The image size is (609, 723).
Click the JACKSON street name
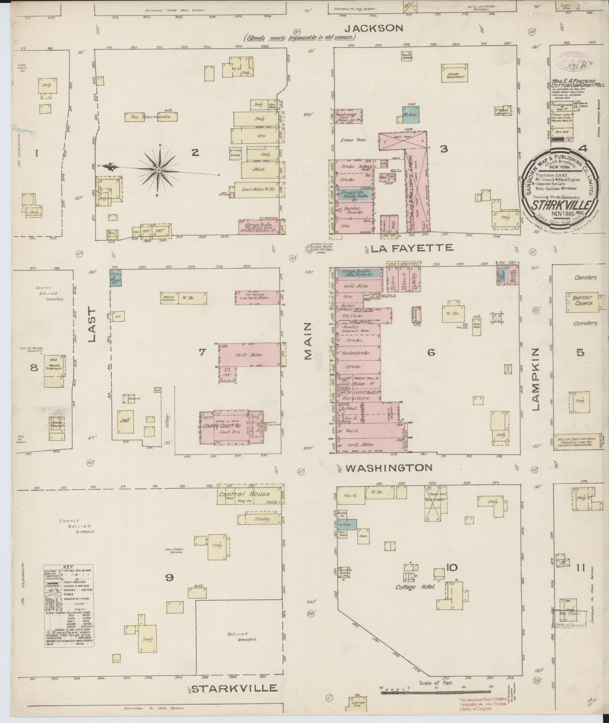click(375, 28)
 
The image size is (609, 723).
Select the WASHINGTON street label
click(389, 468)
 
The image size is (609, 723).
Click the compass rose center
click(159, 170)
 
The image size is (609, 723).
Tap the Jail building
click(126, 422)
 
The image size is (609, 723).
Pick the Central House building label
click(245, 494)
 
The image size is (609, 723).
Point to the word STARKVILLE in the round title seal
click(559, 206)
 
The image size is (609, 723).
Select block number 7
click(202, 352)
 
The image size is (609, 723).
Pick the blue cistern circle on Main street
click(309, 249)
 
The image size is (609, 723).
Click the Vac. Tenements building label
click(152, 117)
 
